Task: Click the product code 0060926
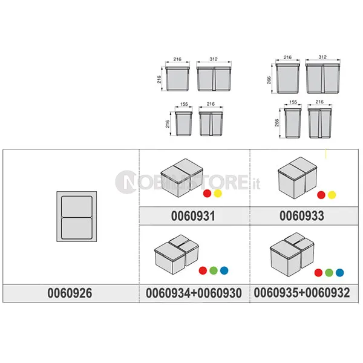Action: tap(70, 293)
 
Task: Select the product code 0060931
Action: tap(193, 216)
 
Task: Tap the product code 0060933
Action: tap(302, 216)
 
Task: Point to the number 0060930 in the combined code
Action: tap(220, 293)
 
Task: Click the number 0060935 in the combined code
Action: tap(276, 292)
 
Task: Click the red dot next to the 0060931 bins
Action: tap(207, 194)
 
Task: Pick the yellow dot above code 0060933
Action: tap(332, 195)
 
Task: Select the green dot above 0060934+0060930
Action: tap(214, 270)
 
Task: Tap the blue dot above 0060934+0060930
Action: tap(224, 270)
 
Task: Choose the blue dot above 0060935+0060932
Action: tap(339, 272)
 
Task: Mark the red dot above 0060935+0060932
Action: tap(319, 272)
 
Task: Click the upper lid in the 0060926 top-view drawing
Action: tap(77, 206)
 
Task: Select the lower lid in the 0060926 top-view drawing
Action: tap(77, 228)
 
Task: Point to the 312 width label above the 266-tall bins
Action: tap(322, 57)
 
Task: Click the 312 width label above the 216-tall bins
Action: tap(214, 59)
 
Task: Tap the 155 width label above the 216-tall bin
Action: tap(184, 104)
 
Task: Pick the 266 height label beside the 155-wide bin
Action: tap(277, 123)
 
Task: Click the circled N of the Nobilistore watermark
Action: tap(126, 182)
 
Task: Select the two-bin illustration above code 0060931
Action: tap(182, 177)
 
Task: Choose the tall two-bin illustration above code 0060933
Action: tap(297, 178)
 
